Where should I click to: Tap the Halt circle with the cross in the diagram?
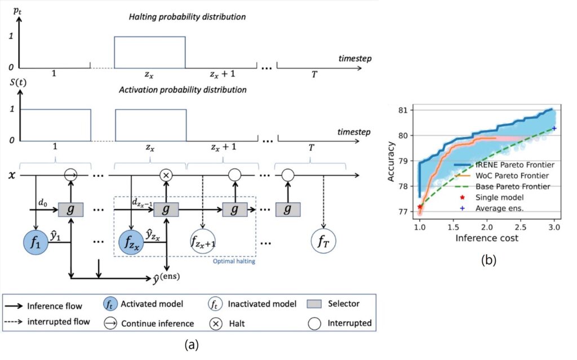click(166, 175)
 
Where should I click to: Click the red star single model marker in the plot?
click(420, 207)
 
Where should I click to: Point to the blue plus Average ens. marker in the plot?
click(554, 128)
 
